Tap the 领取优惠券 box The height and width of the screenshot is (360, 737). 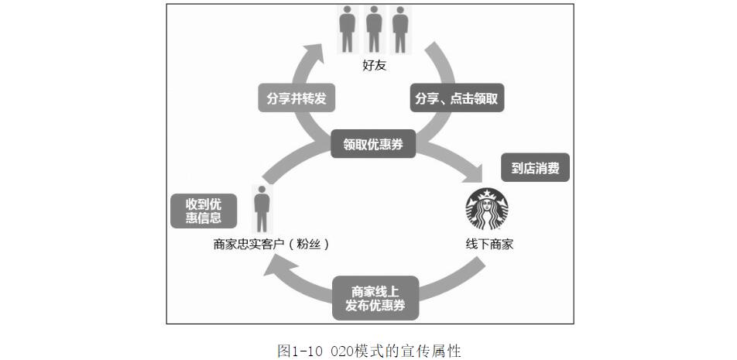pyautogui.click(x=373, y=144)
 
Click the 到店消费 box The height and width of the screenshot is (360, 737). pyautogui.click(x=535, y=167)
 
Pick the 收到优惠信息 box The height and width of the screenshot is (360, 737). pyautogui.click(x=204, y=211)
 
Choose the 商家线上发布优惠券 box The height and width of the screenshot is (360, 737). pyautogui.click(x=375, y=298)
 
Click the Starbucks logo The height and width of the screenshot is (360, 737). pyautogui.click(x=487, y=209)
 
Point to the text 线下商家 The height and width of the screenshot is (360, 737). pyautogui.click(x=489, y=244)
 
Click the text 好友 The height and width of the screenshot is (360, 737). pyautogui.click(x=374, y=65)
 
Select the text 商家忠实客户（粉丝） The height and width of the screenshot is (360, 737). pyautogui.click(x=273, y=244)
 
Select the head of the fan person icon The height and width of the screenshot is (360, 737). pyautogui.click(x=262, y=190)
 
